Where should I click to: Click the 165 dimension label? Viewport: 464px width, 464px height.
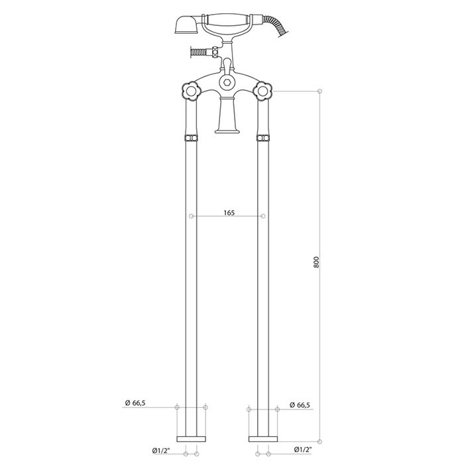pyautogui.click(x=229, y=213)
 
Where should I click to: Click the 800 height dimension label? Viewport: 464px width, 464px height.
pyautogui.click(x=316, y=262)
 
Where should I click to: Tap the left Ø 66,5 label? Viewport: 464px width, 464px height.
pyautogui.click(x=135, y=403)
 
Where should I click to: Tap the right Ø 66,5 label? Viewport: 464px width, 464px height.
pyautogui.click(x=300, y=405)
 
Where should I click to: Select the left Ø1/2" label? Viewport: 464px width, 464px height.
pyautogui.click(x=161, y=451)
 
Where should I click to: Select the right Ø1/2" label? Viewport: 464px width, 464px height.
pyautogui.click(x=303, y=449)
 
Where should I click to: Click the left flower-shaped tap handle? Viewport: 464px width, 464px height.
pyautogui.click(x=191, y=91)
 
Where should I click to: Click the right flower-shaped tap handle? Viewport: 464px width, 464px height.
pyautogui.click(x=262, y=91)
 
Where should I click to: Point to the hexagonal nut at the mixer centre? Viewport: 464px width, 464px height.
pyautogui.click(x=227, y=82)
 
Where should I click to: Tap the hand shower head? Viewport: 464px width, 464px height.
pyautogui.click(x=186, y=25)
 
